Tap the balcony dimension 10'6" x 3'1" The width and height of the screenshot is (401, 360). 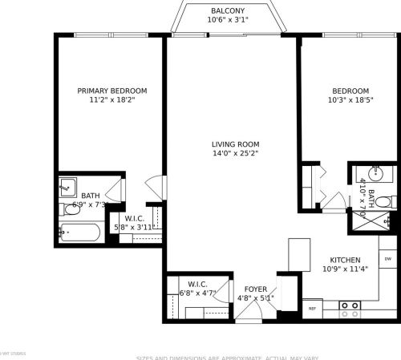[228, 19]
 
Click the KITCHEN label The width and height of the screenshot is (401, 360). [345, 260]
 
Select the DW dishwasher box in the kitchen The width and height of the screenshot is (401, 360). [388, 258]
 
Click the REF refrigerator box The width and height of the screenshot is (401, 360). [313, 307]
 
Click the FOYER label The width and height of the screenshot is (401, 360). [256, 289]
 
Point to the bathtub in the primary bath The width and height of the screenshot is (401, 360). [79, 233]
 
